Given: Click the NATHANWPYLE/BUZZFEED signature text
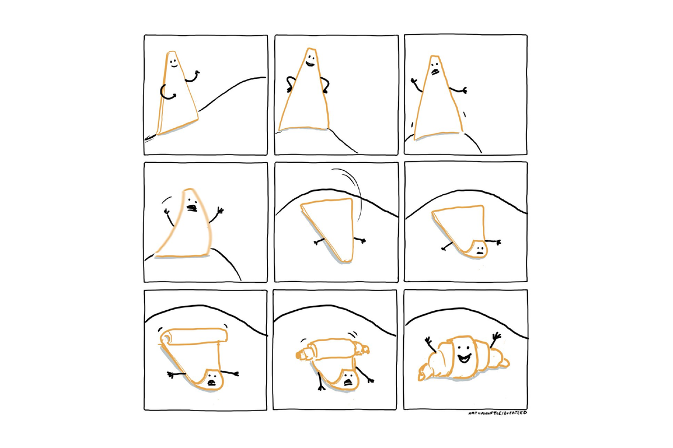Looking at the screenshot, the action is click(497, 413).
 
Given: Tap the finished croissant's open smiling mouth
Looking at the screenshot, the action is click(464, 358).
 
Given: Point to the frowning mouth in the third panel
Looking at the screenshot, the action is click(435, 72).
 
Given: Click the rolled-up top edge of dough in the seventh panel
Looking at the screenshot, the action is click(194, 335).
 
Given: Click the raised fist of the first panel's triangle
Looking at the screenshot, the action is click(197, 72).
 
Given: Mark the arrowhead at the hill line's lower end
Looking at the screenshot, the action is click(149, 138).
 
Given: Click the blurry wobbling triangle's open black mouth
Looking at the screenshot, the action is click(191, 208).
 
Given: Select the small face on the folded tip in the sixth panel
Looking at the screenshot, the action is click(478, 250).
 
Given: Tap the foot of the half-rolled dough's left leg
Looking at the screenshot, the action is click(321, 388).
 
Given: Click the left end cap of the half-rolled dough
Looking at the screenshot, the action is click(300, 354).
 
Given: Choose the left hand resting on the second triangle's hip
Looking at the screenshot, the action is click(289, 88).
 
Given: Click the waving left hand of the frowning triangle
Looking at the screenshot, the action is click(414, 81).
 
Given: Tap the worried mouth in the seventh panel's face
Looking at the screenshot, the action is click(212, 382).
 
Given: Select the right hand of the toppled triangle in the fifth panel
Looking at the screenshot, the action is click(362, 240).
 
